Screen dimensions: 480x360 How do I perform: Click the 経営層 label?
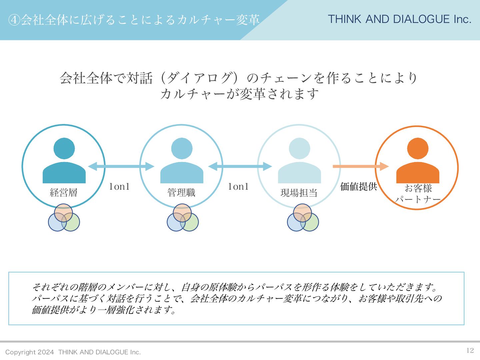63,192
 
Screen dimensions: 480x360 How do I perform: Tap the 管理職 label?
181,192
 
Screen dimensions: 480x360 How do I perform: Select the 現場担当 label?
299,193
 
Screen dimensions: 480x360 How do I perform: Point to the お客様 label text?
418,188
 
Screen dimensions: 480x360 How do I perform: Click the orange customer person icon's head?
418,148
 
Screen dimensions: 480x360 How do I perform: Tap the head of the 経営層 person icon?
64,148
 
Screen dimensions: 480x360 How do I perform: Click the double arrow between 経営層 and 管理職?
121,166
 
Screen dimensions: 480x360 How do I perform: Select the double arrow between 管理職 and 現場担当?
240,166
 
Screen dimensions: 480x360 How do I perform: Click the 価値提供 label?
358,187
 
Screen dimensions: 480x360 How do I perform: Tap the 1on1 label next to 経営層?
119,187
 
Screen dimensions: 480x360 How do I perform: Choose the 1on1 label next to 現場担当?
238,187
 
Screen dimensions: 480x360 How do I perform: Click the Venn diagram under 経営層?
64,218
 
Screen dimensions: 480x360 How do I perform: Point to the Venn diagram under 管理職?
183,218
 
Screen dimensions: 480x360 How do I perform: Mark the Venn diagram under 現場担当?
303,218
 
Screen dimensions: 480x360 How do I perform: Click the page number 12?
470,350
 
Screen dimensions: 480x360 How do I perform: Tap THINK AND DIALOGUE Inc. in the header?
399,19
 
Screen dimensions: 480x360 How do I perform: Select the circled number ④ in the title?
14,20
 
